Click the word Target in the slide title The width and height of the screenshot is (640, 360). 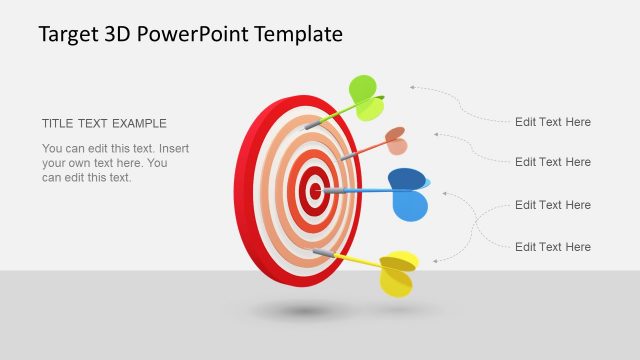point(69,34)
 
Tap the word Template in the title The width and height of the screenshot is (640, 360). point(300,34)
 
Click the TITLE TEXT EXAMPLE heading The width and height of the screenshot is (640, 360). point(104,124)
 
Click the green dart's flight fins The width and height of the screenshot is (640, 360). point(366,97)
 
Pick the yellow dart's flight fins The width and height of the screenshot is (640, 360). point(398,273)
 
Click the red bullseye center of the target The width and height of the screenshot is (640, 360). point(315,189)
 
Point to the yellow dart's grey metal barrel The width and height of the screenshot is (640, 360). point(324,255)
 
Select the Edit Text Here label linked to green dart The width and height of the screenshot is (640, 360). point(552,122)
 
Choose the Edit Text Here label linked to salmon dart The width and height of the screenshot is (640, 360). point(552,162)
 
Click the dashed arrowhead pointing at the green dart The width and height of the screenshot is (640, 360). point(412,89)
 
